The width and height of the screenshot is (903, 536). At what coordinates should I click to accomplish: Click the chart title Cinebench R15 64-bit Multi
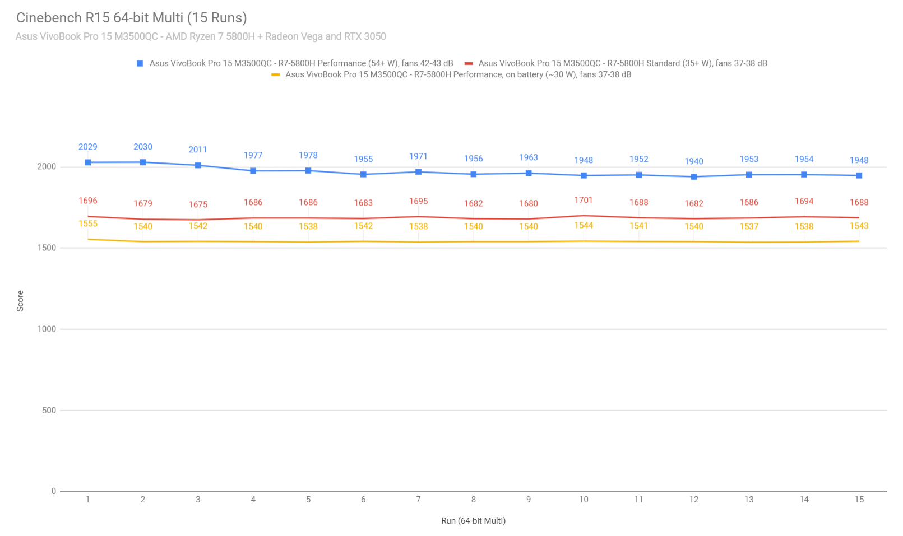[132, 18]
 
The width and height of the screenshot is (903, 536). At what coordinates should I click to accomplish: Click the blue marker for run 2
[143, 162]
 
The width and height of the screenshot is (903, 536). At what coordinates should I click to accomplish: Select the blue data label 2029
[88, 147]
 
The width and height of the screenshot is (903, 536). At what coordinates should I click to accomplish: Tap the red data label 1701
[584, 200]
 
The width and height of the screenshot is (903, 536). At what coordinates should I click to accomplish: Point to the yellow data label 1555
[88, 223]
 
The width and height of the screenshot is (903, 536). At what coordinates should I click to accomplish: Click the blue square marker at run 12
[694, 177]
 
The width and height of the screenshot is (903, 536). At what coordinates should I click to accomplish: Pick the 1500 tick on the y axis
[47, 248]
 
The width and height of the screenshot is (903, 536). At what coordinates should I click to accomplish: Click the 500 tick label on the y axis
[49, 411]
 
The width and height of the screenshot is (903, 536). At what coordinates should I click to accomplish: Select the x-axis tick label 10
[584, 500]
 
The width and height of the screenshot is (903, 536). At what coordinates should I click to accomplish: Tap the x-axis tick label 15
[859, 500]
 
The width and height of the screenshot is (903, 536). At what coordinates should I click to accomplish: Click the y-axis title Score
[20, 301]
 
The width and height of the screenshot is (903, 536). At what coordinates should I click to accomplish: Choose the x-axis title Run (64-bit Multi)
[473, 521]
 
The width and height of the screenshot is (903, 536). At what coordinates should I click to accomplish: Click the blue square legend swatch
[140, 63]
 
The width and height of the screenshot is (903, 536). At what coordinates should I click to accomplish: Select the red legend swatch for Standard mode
[469, 63]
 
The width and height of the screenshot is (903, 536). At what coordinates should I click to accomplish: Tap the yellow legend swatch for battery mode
[276, 74]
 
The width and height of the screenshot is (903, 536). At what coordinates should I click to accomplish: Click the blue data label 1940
[694, 161]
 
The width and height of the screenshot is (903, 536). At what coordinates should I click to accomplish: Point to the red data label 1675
[198, 204]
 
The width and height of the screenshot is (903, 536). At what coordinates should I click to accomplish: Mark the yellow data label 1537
[749, 226]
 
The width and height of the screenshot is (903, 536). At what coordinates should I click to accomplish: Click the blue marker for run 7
[418, 172]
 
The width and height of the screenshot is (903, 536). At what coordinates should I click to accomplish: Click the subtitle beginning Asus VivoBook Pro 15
[201, 36]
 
